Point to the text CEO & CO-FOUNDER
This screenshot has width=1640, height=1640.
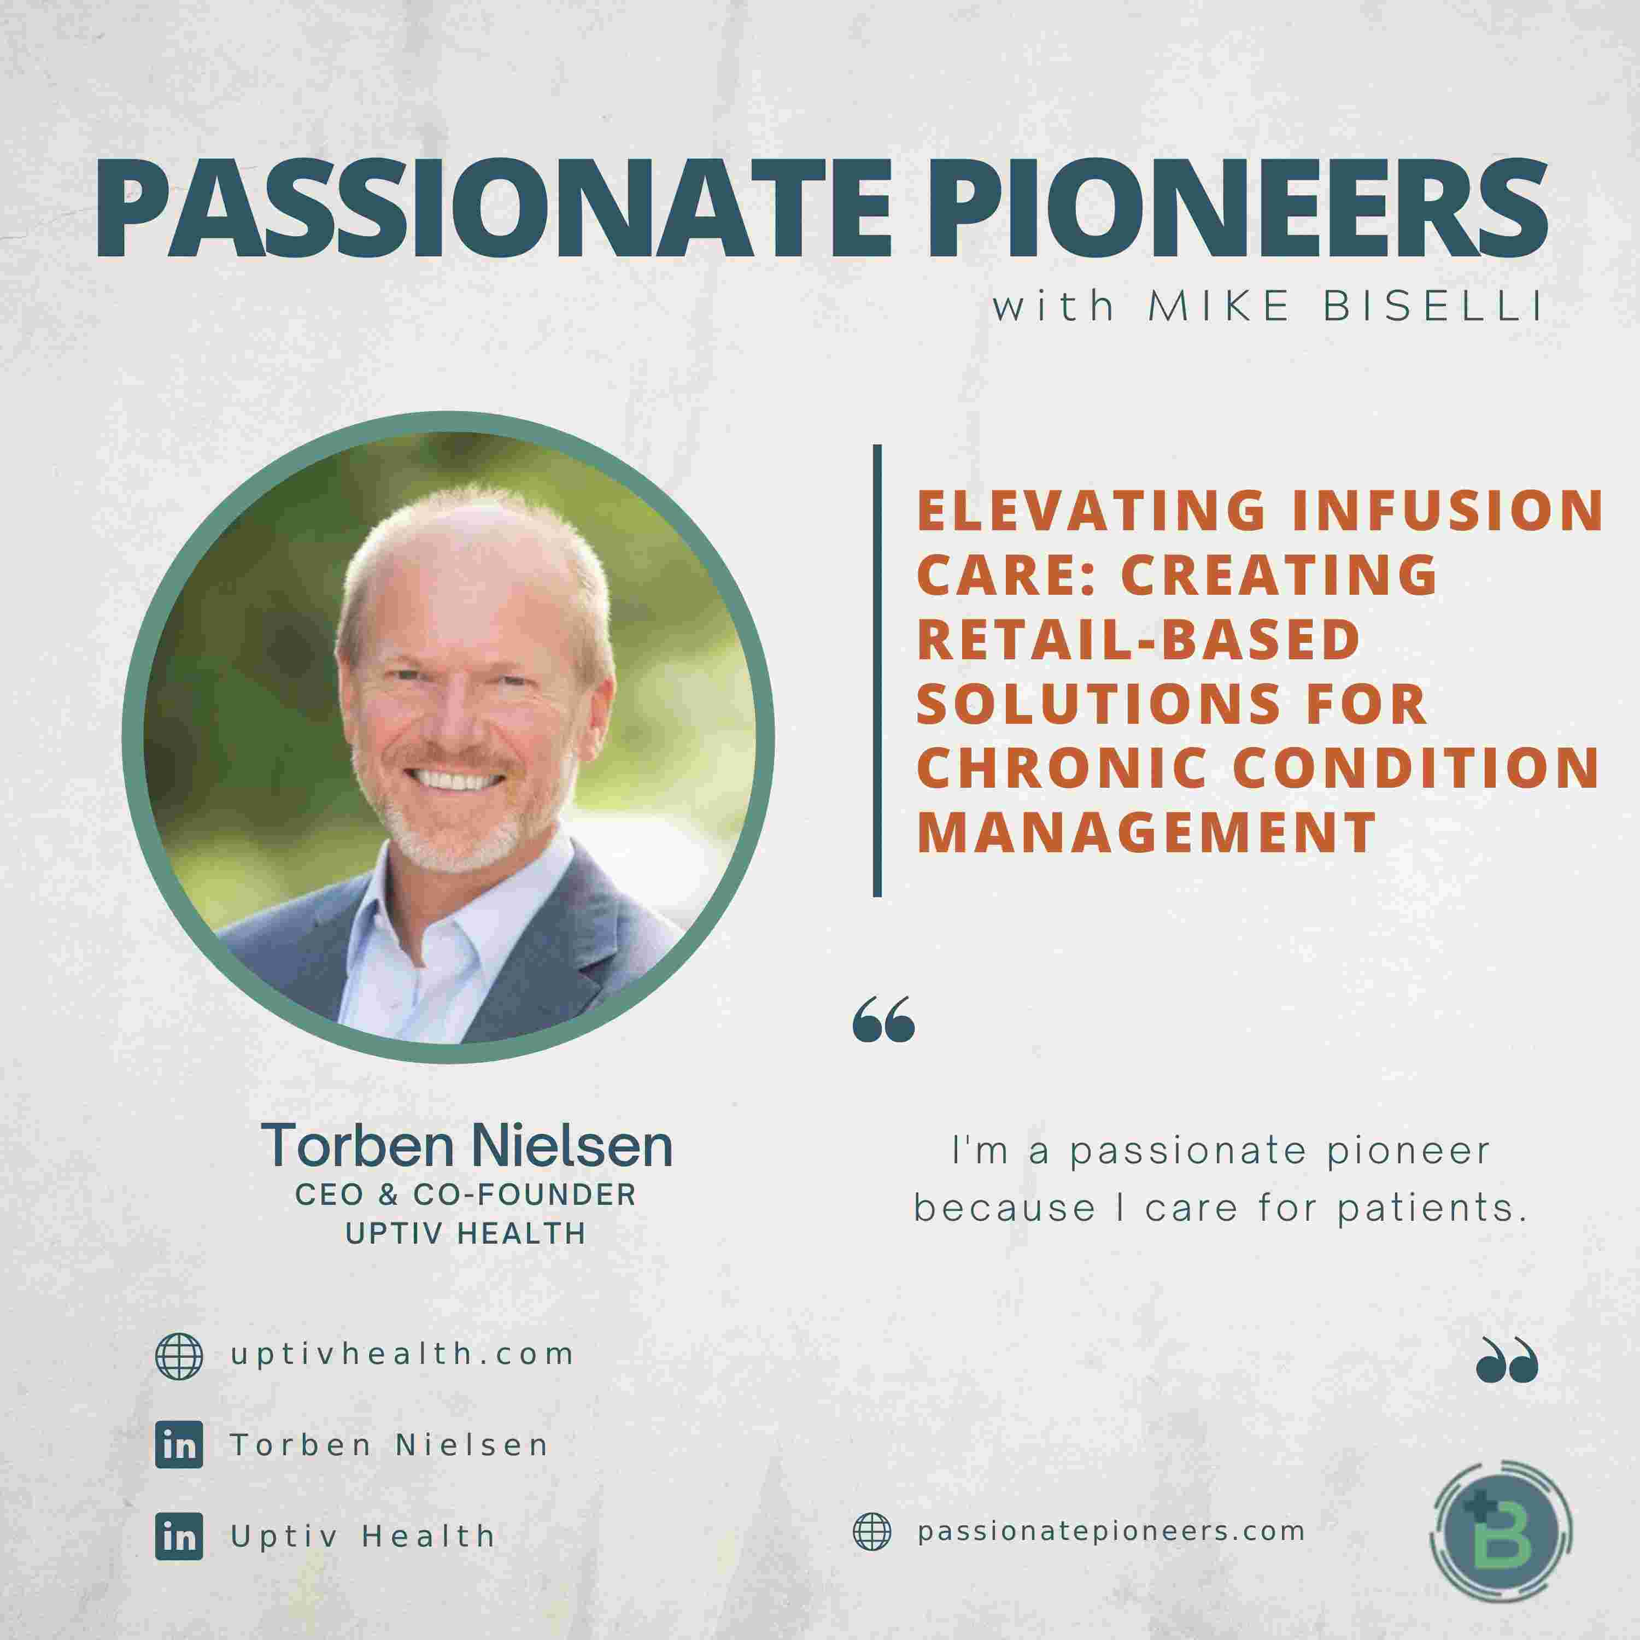(465, 1195)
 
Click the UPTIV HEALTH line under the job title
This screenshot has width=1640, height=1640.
(465, 1233)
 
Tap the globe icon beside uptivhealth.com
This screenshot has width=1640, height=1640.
(179, 1356)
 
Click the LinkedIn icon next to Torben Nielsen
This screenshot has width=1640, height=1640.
(179, 1445)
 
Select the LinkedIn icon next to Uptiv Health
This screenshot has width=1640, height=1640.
(179, 1537)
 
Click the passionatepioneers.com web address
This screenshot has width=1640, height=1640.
(1111, 1531)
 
